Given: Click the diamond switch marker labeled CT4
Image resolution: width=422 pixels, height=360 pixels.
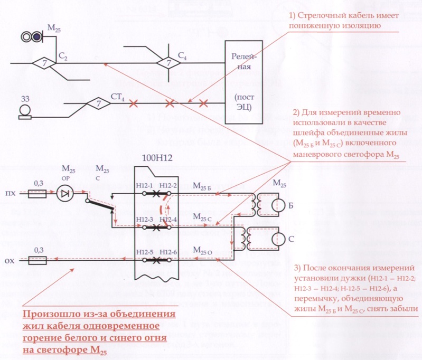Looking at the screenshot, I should click(99, 103).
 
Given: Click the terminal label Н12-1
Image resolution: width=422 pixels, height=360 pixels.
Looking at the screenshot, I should click(144, 185).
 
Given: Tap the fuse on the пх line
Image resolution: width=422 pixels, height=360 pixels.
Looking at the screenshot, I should click(39, 194).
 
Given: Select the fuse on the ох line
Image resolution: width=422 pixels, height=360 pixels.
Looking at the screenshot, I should click(39, 260).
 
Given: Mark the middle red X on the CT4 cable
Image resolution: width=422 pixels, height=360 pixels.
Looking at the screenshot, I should click(170, 103).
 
